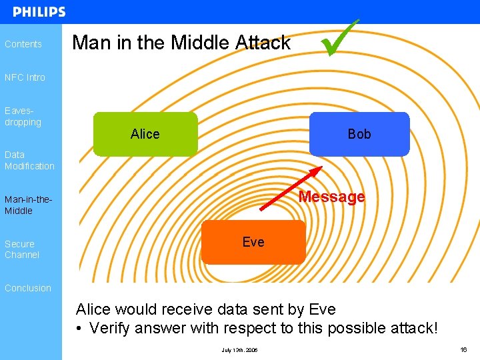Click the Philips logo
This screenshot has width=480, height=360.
pos(39,12)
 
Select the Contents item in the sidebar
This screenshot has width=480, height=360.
pos(23,44)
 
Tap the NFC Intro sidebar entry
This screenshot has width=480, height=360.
pos(25,77)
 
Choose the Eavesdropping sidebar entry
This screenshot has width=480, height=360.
pos(23,117)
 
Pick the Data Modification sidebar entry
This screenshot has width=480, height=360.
pos(29,160)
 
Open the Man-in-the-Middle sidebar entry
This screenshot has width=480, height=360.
pos(28,205)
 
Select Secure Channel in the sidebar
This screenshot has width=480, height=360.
pos(22,249)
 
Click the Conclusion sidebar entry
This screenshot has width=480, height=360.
pos(28,288)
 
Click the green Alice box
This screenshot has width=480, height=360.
pos(145,134)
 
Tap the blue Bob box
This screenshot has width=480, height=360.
pos(359,134)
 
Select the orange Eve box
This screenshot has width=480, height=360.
pos(253,242)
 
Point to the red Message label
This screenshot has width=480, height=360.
pos(332,197)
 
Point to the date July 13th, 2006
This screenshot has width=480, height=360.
pos(239,350)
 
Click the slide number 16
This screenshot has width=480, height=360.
pos(464,349)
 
